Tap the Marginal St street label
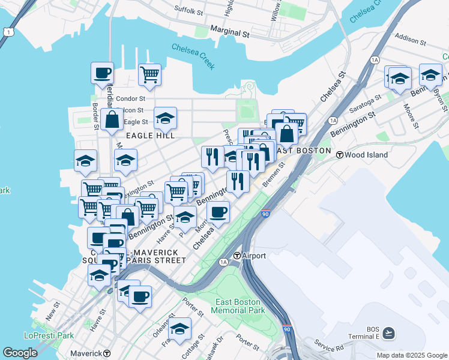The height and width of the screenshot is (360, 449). [230, 31]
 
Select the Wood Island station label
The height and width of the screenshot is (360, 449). [366, 155]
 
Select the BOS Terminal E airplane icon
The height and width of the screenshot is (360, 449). [388, 332]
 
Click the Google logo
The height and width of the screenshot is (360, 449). [20, 352]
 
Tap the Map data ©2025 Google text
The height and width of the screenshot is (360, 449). [411, 355]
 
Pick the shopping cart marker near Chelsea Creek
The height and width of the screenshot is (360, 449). [149, 75]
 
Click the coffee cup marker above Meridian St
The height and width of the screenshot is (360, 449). [102, 73]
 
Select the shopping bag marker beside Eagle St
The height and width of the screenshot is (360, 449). [112, 119]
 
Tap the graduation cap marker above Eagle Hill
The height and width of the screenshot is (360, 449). [165, 118]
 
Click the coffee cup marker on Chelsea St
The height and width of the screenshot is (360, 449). [218, 212]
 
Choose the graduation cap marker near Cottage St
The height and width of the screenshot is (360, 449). [179, 329]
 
